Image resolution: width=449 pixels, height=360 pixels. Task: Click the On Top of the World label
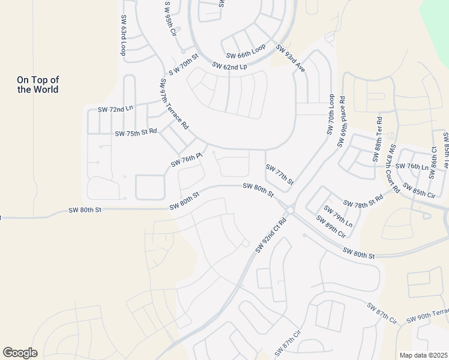(38, 85)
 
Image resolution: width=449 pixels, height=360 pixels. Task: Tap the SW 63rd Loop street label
(124, 35)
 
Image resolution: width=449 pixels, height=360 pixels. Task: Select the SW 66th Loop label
(246, 54)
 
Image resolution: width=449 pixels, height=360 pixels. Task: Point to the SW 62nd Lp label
(229, 66)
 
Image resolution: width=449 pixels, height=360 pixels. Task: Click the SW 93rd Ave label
(291, 58)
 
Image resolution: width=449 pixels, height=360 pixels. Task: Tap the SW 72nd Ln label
(115, 110)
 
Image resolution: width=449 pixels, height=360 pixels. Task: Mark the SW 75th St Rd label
(136, 132)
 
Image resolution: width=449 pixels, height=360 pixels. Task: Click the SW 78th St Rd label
(363, 201)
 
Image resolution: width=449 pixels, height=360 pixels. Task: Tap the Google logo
(20, 353)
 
